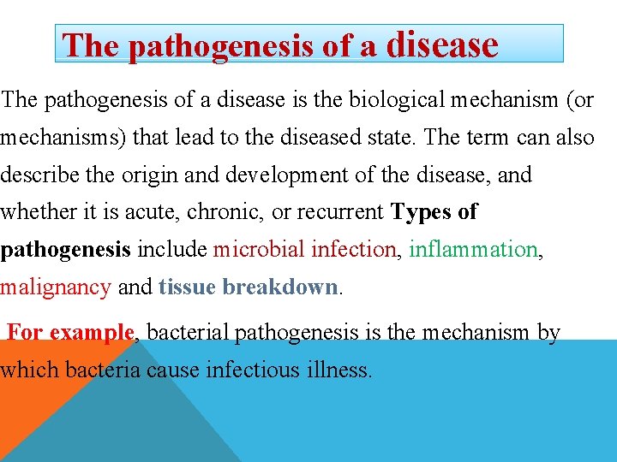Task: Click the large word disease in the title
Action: tap(442, 44)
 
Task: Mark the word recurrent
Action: tap(340, 212)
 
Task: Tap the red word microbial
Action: tap(259, 249)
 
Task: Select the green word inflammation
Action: tap(472, 249)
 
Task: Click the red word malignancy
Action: tap(57, 287)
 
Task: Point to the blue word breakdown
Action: tap(280, 287)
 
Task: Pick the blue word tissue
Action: tap(187, 287)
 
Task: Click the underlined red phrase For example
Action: tap(70, 332)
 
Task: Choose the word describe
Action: tap(39, 175)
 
